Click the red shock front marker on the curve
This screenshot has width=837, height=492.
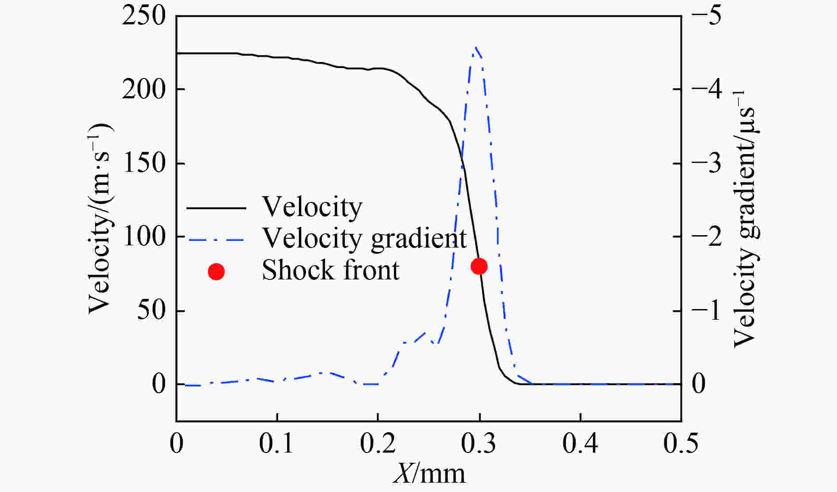tap(479, 266)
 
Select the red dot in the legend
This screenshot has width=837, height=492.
tap(216, 271)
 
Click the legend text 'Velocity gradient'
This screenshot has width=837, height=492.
tap(364, 238)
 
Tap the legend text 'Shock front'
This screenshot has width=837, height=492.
tap(330, 270)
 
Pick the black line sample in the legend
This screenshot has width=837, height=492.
tap(216, 207)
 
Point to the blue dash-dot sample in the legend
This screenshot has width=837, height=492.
tap(216, 240)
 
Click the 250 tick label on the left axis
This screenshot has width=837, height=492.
tap(143, 16)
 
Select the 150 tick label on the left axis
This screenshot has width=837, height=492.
tap(143, 163)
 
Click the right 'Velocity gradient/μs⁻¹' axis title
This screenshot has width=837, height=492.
tap(745, 219)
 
